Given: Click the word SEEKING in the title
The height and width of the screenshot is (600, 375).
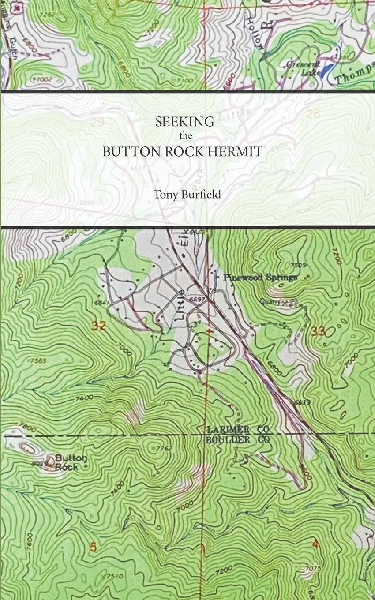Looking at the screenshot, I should coord(185,122).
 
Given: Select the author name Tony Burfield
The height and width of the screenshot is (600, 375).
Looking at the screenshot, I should coord(187,194).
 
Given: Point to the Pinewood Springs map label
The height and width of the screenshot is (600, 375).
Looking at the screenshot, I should coord(260,277).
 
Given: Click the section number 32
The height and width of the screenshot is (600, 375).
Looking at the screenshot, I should coord(100,326).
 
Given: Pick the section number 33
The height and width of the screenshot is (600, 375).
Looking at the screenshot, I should coord(318,332).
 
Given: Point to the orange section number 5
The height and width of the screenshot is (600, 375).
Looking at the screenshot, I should coord(93,547).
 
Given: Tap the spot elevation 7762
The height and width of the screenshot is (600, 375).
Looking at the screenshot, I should coord(164,449).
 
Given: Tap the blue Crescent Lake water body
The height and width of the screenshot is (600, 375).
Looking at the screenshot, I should coord(327,70).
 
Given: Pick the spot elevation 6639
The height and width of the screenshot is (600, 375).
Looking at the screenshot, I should coord(301,402).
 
